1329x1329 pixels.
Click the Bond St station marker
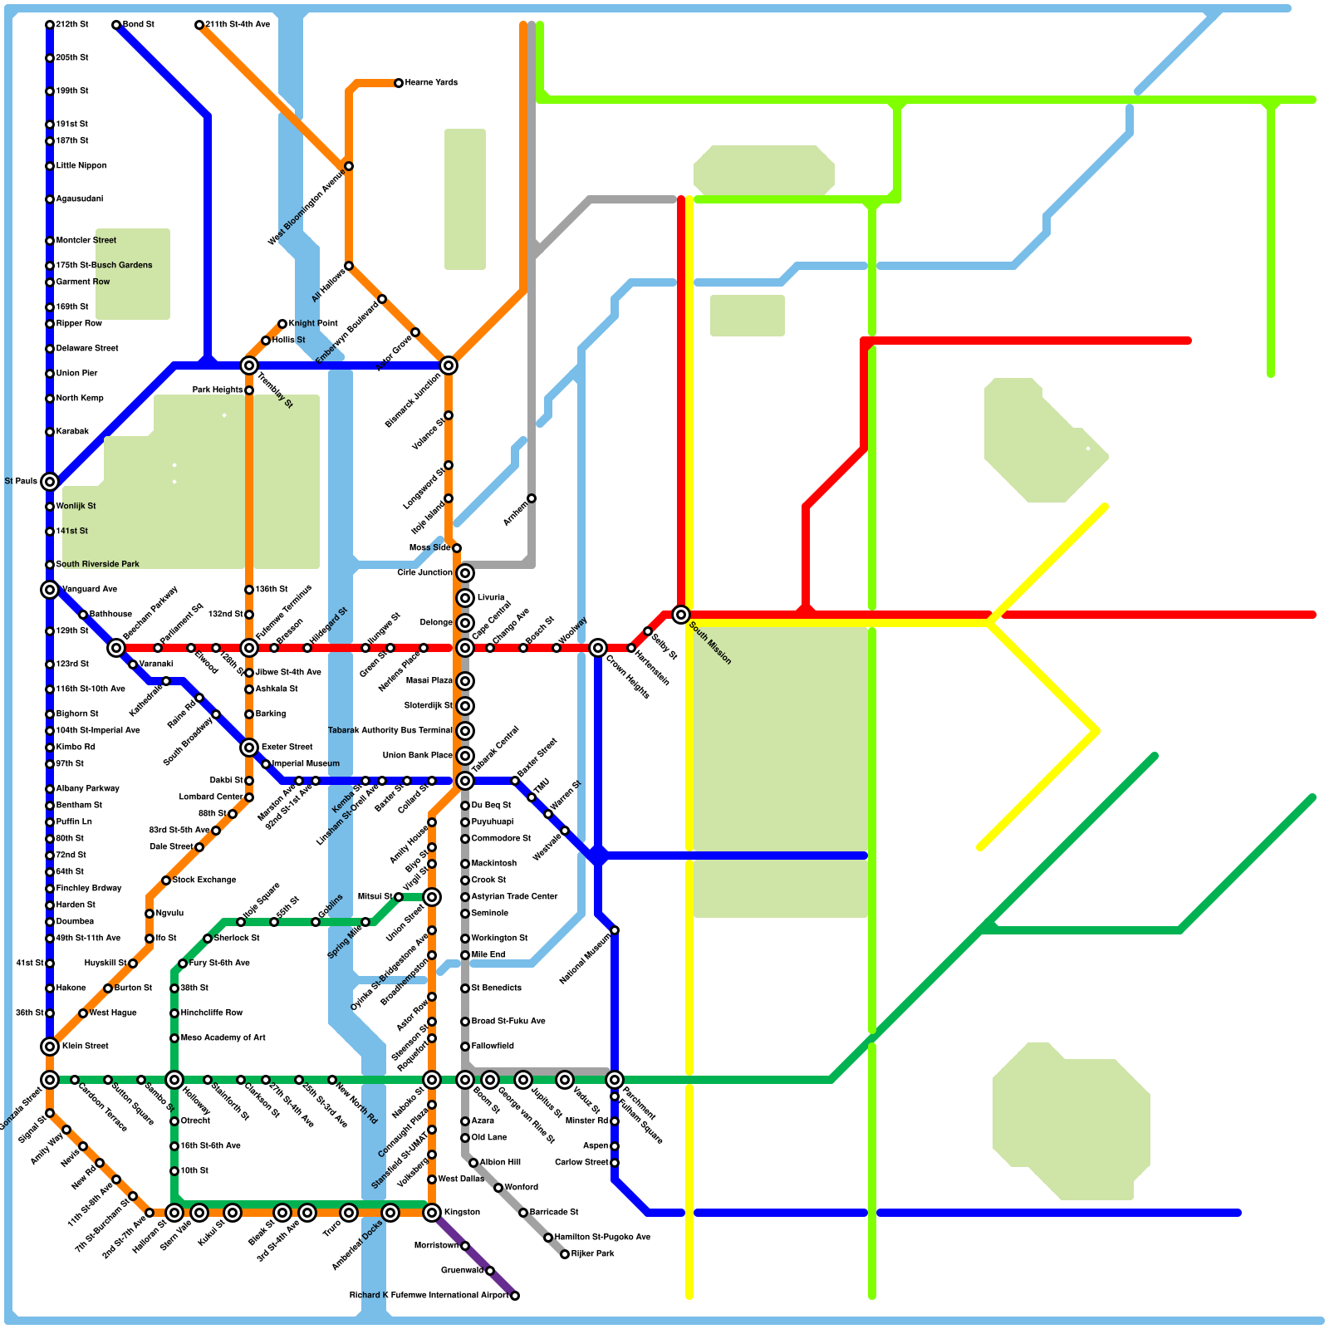116,25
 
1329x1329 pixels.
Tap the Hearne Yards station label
431,83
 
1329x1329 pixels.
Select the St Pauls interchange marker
50,482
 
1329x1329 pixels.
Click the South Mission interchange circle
681,615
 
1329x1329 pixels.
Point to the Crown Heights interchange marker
598,648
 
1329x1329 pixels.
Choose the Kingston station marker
432,1213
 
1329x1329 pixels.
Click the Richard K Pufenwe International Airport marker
515,1296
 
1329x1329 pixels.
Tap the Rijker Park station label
593,1254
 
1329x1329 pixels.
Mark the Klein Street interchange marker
50,1047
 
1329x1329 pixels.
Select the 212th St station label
72,25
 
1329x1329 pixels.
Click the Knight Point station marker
282,324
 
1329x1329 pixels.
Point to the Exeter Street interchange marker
249,748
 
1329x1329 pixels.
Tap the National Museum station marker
615,930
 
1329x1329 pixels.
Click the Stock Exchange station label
204,880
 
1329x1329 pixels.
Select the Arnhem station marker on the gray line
532,498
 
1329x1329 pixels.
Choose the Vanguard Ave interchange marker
50,590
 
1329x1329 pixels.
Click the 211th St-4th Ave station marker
199,25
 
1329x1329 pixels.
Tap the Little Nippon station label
81,166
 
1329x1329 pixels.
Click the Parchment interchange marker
615,1080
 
